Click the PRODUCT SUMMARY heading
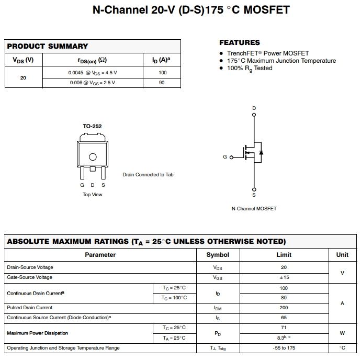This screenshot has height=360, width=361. [x=48, y=46]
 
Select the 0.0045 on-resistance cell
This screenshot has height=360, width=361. [x=93, y=73]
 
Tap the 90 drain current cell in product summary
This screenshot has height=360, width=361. [x=162, y=83]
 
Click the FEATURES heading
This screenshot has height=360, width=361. [x=239, y=42]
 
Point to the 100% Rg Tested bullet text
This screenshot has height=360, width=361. [x=250, y=68]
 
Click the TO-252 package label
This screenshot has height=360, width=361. [x=92, y=126]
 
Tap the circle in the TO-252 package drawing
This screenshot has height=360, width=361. [x=93, y=156]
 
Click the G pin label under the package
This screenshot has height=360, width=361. [x=82, y=185]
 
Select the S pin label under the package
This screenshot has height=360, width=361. [x=103, y=185]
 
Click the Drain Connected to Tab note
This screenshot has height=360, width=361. [x=148, y=175]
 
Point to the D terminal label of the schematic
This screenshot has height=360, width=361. [x=254, y=108]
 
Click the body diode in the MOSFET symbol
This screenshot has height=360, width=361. [x=261, y=153]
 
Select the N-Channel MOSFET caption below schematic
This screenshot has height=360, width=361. [x=254, y=209]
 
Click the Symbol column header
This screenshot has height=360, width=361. [x=218, y=255]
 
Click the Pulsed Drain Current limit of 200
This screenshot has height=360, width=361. [x=284, y=308]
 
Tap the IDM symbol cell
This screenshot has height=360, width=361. [x=218, y=308]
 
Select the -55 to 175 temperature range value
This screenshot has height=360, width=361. [x=284, y=348]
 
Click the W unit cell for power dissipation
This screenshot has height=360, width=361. [x=342, y=333]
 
